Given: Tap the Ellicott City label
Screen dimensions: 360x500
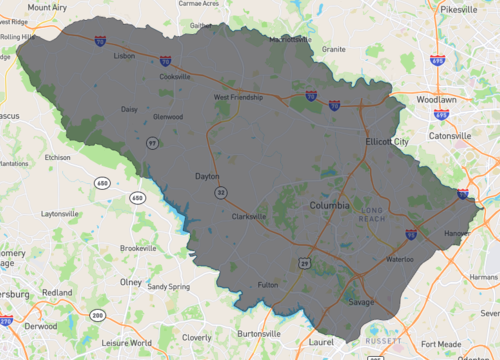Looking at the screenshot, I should coord(387,142).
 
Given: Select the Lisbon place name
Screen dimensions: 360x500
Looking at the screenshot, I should coord(124,57).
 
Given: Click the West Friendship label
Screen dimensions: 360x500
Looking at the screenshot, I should coord(238,98).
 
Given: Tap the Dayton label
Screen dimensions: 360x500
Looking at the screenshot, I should coord(206,176).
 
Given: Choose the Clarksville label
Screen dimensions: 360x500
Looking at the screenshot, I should coord(249,216).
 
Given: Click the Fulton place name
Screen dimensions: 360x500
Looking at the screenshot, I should coord(268,285).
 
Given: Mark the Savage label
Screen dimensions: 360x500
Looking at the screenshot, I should coord(361,302).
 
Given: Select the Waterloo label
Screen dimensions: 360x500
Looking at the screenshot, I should coord(400,259).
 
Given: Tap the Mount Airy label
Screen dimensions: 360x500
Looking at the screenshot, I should coord(47,7).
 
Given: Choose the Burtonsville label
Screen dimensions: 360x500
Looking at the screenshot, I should coord(258,333).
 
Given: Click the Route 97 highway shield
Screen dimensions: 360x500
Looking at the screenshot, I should coord(153,145).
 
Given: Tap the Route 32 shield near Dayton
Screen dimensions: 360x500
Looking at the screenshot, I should coord(219,191).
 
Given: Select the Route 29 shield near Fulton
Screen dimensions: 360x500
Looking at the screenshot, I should coord(302,262).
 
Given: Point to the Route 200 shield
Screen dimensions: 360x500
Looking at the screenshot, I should coord(96,315).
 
